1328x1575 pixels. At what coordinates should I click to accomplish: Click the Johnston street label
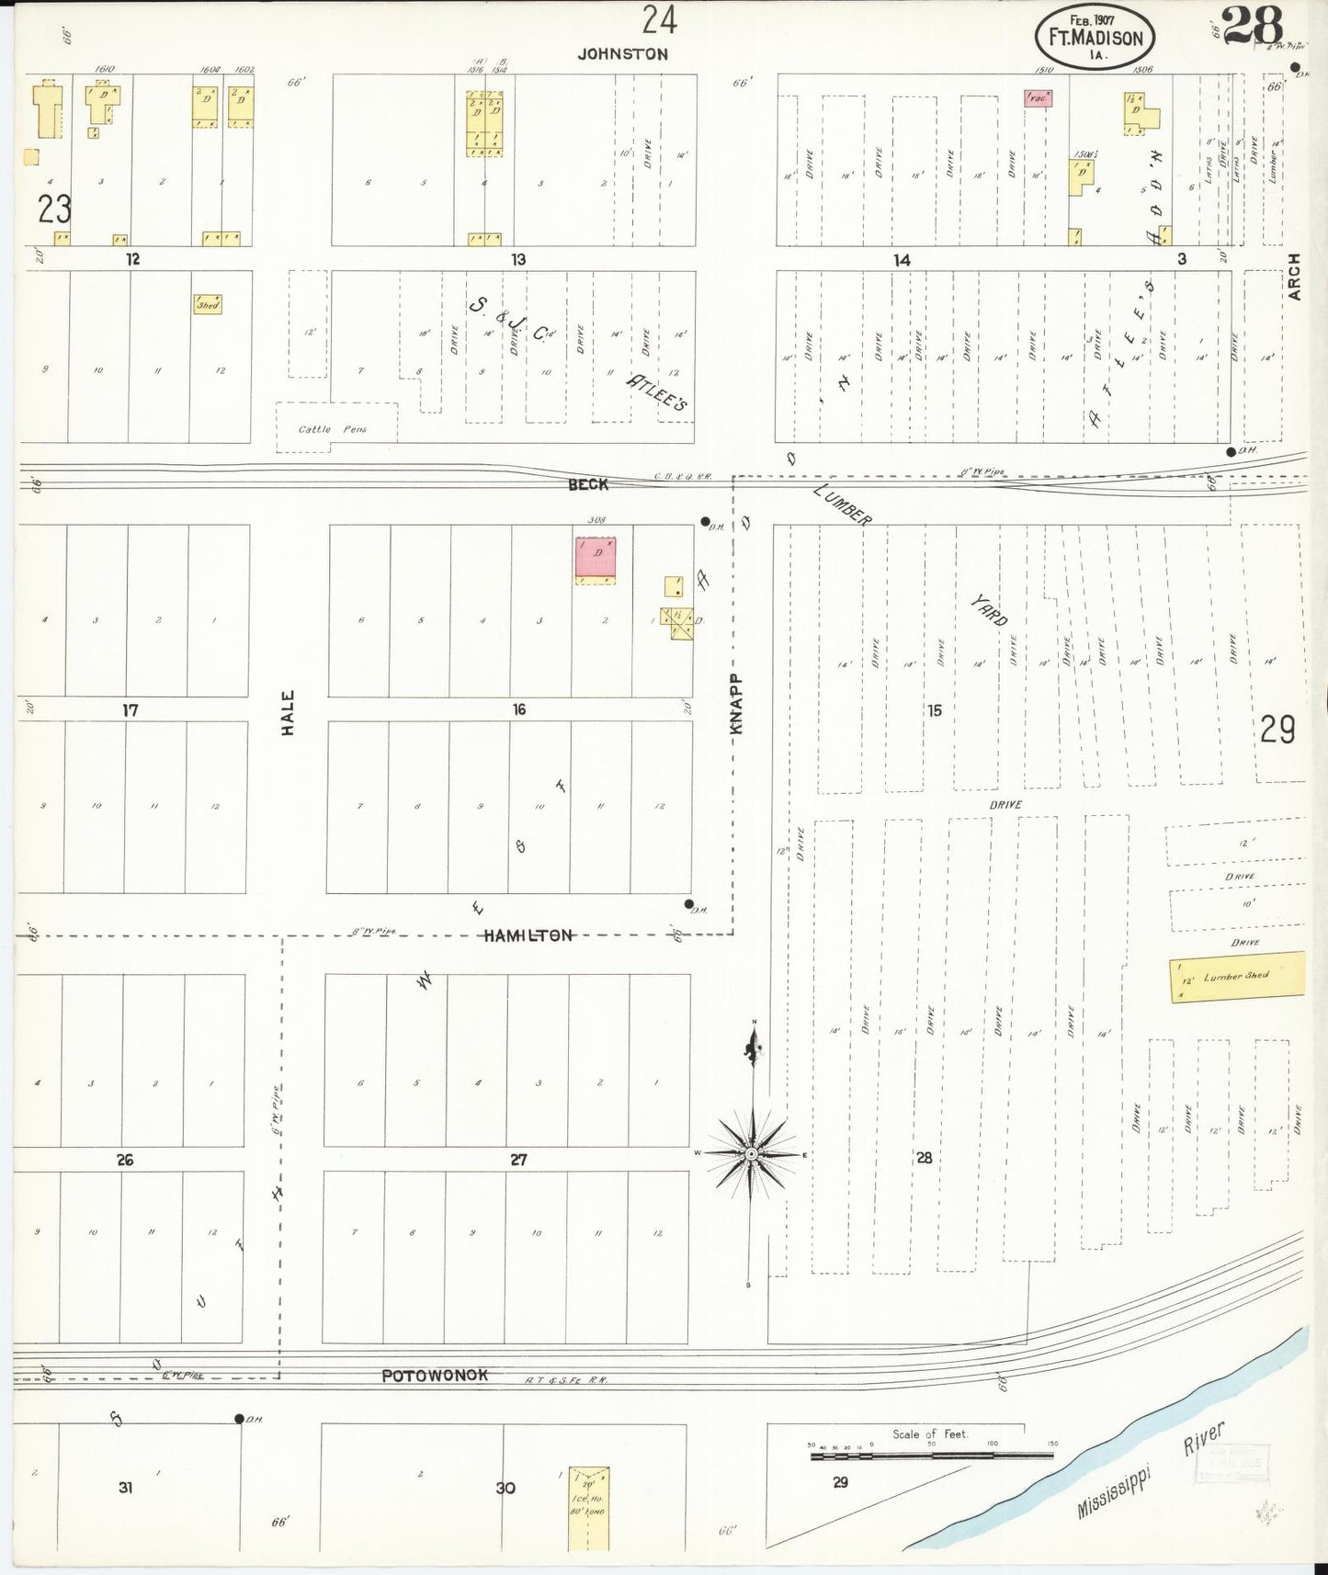click(x=622, y=54)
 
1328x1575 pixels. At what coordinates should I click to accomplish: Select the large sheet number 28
click(x=1253, y=27)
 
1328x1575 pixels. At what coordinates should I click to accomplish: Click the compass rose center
click(x=752, y=1153)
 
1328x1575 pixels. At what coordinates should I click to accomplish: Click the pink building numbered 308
click(x=595, y=558)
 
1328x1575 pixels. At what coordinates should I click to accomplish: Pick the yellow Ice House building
click(x=588, y=1508)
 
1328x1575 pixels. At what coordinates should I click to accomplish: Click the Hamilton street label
click(x=529, y=935)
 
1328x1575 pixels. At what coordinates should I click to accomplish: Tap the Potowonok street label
click(x=435, y=1375)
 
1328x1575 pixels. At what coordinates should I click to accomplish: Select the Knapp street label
click(x=736, y=703)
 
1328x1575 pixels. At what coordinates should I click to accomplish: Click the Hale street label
click(x=288, y=713)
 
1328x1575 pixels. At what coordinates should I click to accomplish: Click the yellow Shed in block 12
click(x=207, y=304)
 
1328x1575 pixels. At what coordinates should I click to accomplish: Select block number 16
click(x=519, y=709)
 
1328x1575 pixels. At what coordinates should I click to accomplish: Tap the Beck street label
click(x=588, y=484)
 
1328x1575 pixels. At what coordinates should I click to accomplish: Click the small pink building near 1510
click(x=1038, y=97)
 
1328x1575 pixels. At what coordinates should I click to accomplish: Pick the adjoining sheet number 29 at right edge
click(x=1277, y=730)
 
